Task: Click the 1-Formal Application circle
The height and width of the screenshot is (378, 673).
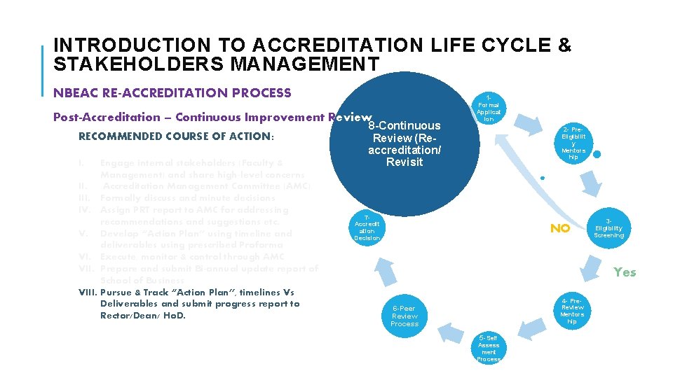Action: click(489, 108)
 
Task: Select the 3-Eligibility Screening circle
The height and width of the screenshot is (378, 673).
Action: click(608, 227)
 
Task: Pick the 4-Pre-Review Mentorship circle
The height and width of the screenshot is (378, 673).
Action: click(572, 311)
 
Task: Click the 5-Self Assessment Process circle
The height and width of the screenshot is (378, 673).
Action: click(489, 347)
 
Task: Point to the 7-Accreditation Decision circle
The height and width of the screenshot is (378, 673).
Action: click(367, 227)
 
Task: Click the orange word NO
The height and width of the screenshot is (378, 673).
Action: click(559, 228)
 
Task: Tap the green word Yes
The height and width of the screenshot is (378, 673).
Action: click(625, 272)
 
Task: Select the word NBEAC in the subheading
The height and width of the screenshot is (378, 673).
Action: click(74, 92)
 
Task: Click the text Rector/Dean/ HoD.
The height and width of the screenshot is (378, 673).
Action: click(147, 315)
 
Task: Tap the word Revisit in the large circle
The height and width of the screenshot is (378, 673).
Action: click(405, 162)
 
